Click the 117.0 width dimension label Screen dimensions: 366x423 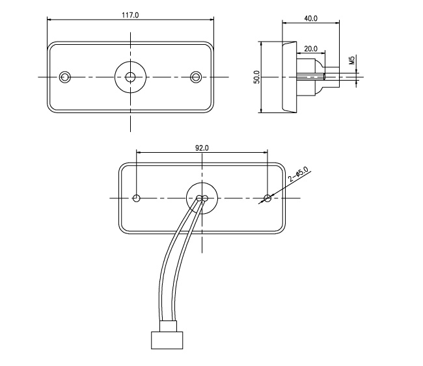click(x=131, y=14)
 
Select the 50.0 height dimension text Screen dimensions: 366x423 click(x=256, y=77)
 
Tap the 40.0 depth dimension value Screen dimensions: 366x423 click(x=310, y=18)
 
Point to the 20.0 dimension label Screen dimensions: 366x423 click(x=310, y=49)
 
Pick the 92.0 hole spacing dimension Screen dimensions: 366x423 click(x=202, y=148)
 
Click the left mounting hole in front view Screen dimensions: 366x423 click(x=64, y=77)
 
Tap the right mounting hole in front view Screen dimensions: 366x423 click(x=196, y=77)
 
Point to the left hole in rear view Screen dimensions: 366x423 click(x=137, y=198)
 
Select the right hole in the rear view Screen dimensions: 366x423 click(x=267, y=198)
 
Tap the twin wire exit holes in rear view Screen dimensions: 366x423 click(x=202, y=198)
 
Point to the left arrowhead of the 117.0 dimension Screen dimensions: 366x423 click(x=50, y=20)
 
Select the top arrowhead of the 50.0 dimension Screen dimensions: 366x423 click(x=260, y=43)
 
